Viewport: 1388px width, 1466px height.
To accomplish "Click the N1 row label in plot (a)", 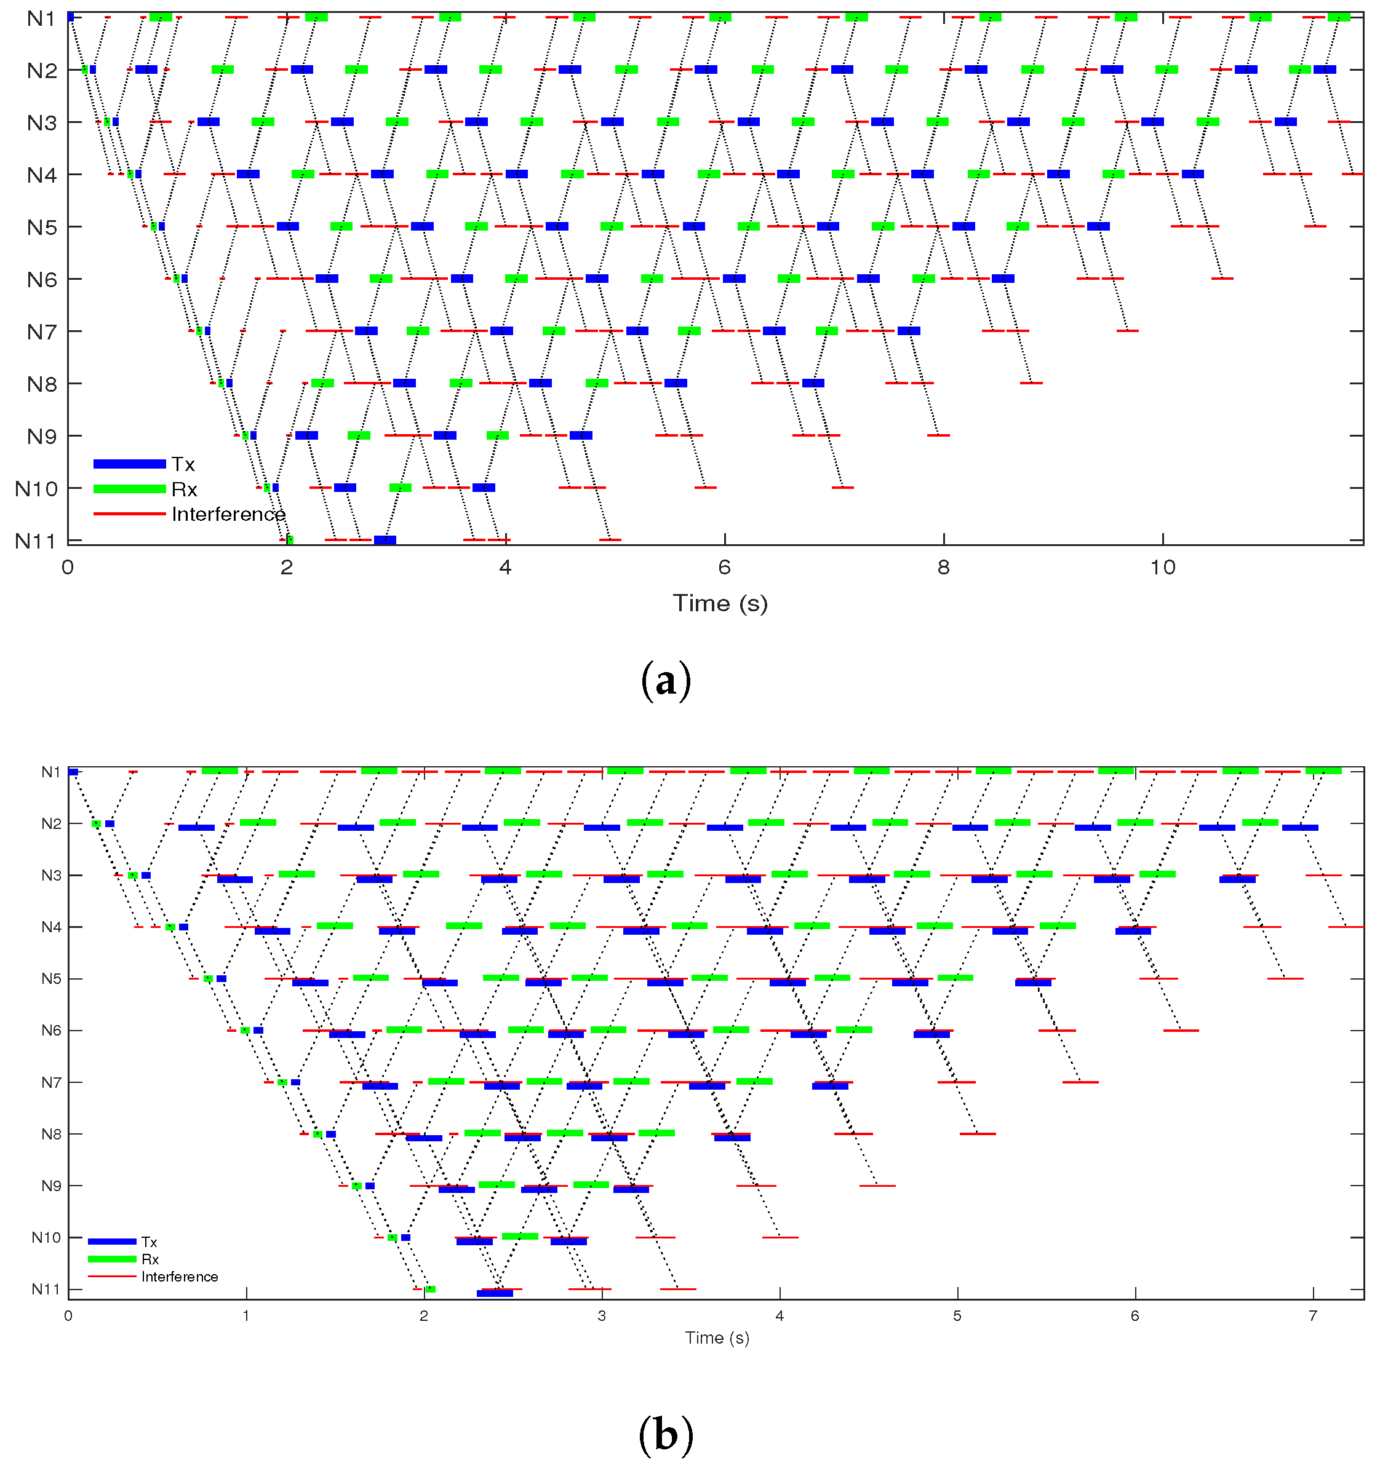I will tap(41, 18).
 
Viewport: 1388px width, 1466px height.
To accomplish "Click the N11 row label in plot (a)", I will tap(36, 541).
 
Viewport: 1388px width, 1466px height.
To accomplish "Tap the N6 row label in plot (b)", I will tap(51, 1031).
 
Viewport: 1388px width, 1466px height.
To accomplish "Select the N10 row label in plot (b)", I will tap(46, 1237).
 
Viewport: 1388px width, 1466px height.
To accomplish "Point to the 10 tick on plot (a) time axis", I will tap(1162, 568).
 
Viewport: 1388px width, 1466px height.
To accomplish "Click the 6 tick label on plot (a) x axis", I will tap(724, 568).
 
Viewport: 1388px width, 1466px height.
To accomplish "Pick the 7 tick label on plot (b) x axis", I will tap(1314, 1316).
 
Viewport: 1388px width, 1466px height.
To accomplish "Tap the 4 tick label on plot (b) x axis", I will tap(779, 1316).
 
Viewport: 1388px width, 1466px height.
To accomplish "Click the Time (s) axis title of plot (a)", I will tap(720, 604).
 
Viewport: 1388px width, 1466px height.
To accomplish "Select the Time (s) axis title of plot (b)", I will tap(717, 1337).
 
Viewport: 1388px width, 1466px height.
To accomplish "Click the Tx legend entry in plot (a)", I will tap(183, 464).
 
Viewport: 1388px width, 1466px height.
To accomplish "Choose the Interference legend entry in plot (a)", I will tap(228, 514).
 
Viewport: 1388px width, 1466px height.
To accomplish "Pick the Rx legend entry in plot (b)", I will tap(150, 1259).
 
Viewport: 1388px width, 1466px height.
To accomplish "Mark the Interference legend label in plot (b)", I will tap(180, 1277).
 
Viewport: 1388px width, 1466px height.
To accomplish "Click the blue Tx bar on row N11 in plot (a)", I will tap(385, 540).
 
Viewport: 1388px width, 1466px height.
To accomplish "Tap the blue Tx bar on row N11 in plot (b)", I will tap(494, 1293).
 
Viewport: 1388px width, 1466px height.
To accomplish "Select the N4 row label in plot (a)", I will tap(41, 175).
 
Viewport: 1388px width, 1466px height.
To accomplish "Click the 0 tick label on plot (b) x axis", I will tap(68, 1316).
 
